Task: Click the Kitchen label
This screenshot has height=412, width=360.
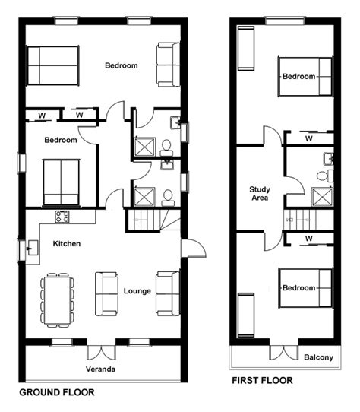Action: (67, 243)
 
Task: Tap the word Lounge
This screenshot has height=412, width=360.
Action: (137, 291)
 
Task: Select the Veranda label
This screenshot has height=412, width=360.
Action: (100, 369)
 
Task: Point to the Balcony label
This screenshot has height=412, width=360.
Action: (318, 357)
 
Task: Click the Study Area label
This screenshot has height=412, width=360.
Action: (260, 193)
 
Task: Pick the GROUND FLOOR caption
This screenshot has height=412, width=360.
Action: (57, 392)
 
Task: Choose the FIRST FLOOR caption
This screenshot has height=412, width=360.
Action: (262, 380)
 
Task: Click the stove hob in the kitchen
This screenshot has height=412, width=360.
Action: (62, 217)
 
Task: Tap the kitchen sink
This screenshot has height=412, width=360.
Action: (33, 248)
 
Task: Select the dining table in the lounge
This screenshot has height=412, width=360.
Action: (57, 300)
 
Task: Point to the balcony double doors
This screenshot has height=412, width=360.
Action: (284, 353)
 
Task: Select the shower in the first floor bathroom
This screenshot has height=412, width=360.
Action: (322, 197)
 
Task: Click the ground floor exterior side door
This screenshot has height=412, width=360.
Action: (194, 248)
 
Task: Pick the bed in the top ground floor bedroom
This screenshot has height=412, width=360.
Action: (53, 65)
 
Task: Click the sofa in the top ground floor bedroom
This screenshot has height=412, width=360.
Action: (169, 65)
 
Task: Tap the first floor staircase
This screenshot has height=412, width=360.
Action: (308, 220)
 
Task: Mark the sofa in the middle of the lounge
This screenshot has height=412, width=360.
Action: (106, 293)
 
